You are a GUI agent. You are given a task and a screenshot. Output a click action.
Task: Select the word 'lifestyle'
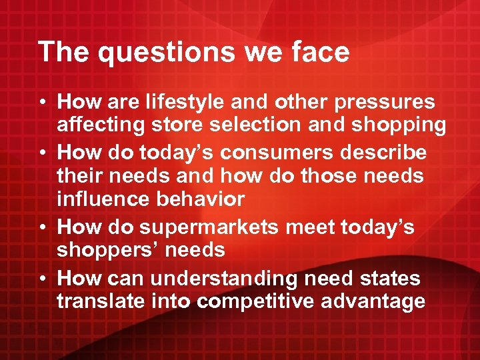coord(173,102)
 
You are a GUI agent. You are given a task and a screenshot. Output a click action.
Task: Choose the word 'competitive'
coord(257,301)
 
